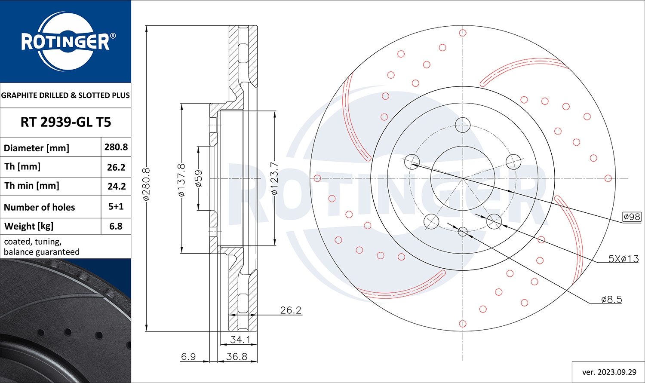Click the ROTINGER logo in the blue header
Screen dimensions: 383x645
(65, 42)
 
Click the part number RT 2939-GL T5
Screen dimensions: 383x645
(65, 122)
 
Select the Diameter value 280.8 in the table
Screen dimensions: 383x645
(116, 147)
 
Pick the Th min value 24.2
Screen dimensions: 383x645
(116, 186)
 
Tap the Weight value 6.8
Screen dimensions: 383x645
(116, 226)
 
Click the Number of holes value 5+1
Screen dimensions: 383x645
(116, 206)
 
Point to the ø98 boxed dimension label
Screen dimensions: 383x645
(632, 217)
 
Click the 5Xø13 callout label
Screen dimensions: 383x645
(623, 258)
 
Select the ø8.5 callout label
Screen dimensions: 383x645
(611, 299)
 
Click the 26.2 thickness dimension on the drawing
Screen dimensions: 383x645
(291, 310)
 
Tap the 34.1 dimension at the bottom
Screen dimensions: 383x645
(240, 339)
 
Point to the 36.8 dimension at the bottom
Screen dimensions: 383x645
(236, 356)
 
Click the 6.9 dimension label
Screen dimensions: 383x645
(188, 356)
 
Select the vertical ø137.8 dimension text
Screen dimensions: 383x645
(181, 180)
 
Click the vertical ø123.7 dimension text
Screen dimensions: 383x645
(275, 178)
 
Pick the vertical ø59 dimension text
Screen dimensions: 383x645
(199, 178)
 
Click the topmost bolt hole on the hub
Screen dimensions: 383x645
(463, 125)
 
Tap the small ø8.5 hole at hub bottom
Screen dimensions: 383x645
(463, 232)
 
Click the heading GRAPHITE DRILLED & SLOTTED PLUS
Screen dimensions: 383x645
(65, 95)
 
